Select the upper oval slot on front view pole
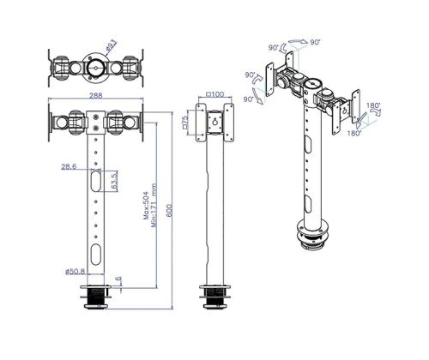coord(95,183)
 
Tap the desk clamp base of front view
coord(95,299)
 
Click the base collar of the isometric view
coord(311,236)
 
